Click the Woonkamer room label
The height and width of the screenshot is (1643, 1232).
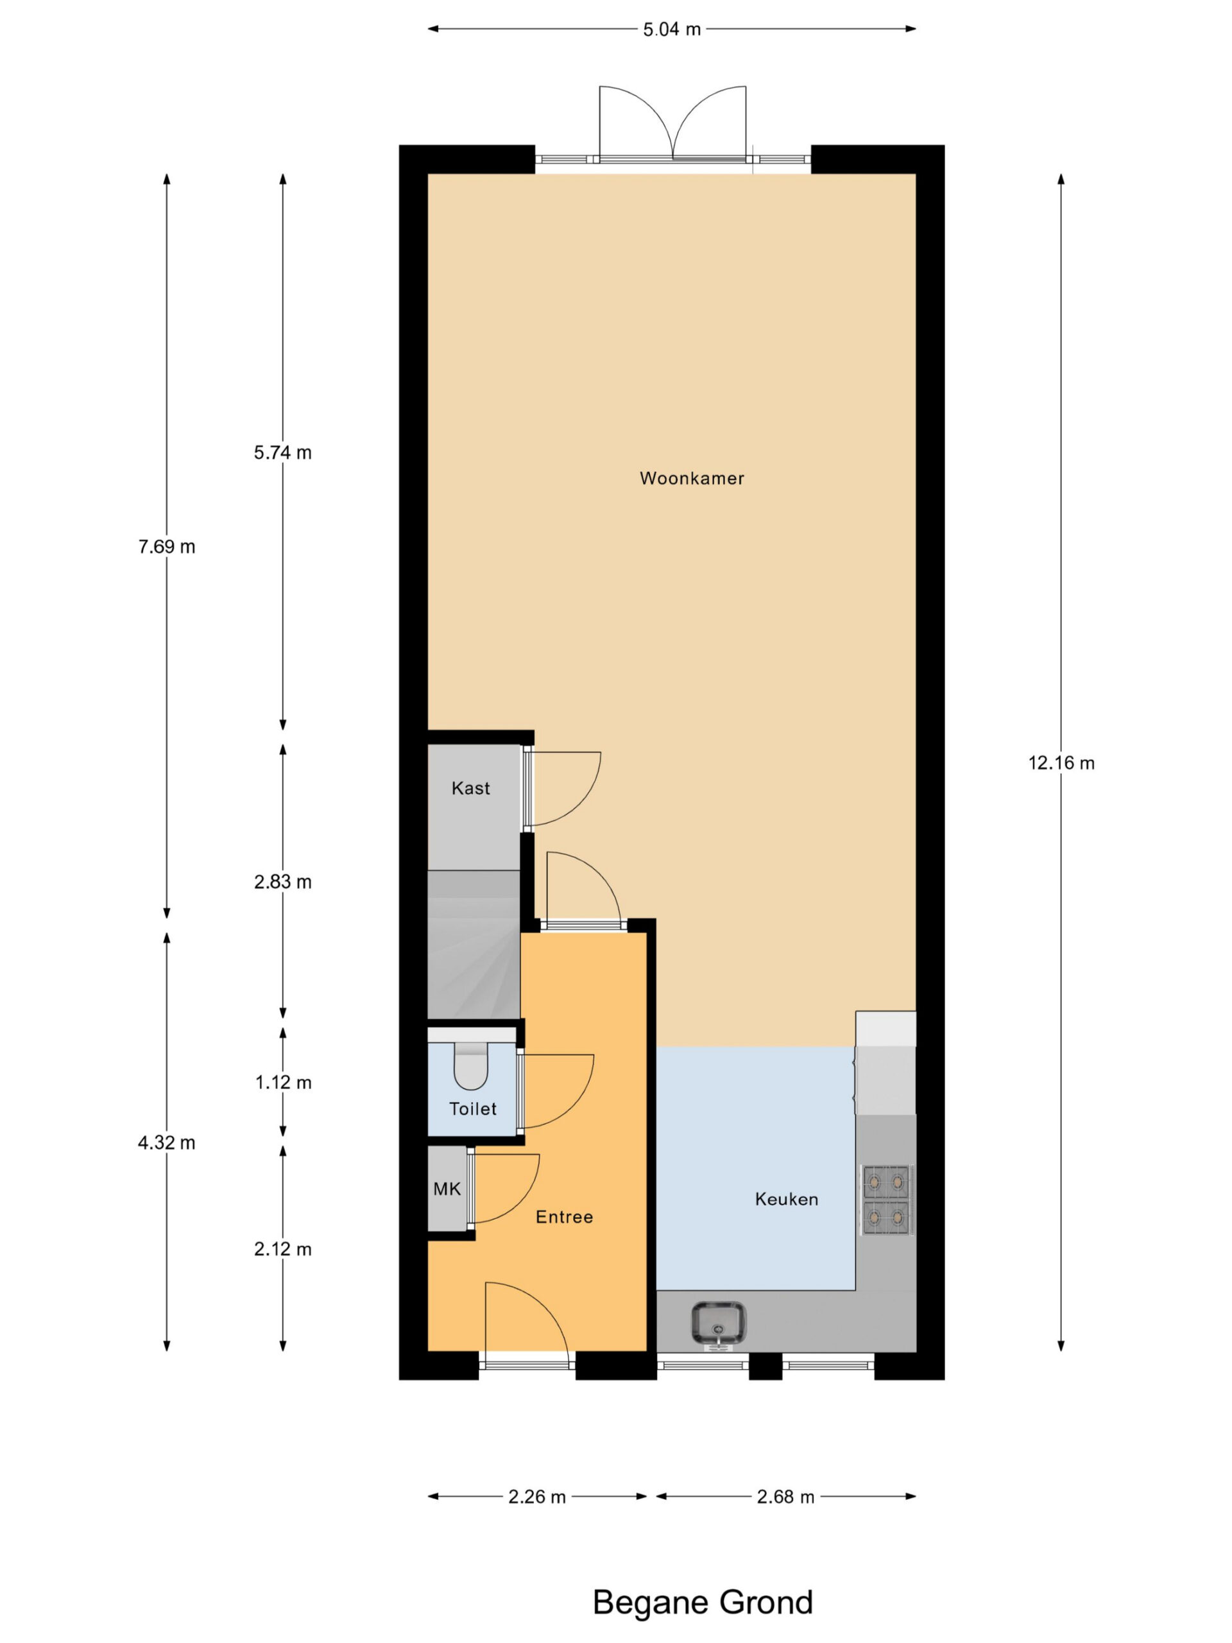click(x=691, y=478)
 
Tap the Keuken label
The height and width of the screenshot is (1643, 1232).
click(x=787, y=1199)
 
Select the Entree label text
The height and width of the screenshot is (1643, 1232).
click(x=565, y=1217)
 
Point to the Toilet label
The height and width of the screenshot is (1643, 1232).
click(x=473, y=1109)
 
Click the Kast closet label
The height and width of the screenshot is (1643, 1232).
click(x=471, y=788)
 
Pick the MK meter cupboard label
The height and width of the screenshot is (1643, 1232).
click(x=447, y=1189)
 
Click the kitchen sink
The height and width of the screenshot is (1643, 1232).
click(x=718, y=1325)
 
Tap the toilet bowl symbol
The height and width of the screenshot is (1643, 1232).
click(x=470, y=1066)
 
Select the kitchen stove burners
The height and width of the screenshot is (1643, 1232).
click(x=887, y=1200)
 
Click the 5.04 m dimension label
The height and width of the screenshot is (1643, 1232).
click(x=671, y=30)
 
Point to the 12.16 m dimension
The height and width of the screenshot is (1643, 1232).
click(x=1061, y=763)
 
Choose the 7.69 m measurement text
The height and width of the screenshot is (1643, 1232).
click(x=166, y=547)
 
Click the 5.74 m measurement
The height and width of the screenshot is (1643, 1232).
click(x=283, y=452)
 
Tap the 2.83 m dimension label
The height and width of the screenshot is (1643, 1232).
click(x=283, y=882)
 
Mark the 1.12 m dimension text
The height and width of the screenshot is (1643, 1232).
click(x=283, y=1082)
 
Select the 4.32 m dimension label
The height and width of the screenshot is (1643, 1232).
click(x=166, y=1142)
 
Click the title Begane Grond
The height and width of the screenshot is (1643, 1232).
click(x=703, y=1602)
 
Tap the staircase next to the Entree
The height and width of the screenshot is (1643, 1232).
click(x=474, y=944)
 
